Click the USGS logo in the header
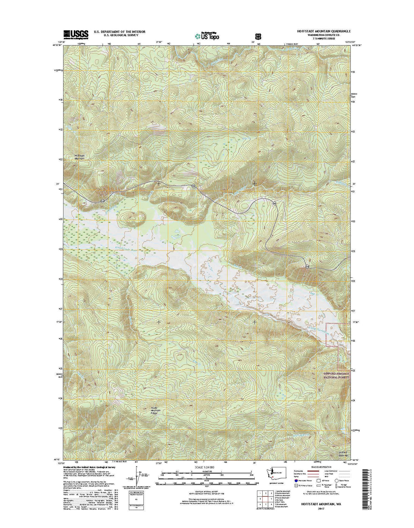tap(76, 34)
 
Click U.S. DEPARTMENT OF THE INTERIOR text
tap(120, 31)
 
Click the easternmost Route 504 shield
tap(307, 266)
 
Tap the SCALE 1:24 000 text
tap(205, 467)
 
